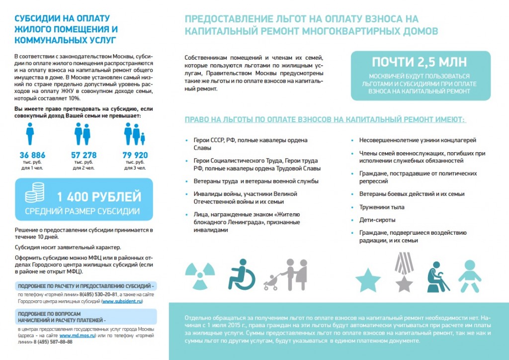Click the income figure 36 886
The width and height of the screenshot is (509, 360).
pos(32,155)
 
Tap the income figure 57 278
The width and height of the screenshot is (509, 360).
pos(84,155)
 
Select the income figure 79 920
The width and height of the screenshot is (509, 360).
pos(135,155)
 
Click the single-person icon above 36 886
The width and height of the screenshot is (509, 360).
pos(30,134)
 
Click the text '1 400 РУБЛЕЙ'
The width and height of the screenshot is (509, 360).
pos(99,197)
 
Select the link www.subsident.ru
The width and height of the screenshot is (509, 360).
pos(122,301)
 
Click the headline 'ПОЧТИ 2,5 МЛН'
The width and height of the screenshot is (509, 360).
pos(420,63)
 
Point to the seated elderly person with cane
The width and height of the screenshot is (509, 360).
pos(437,276)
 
